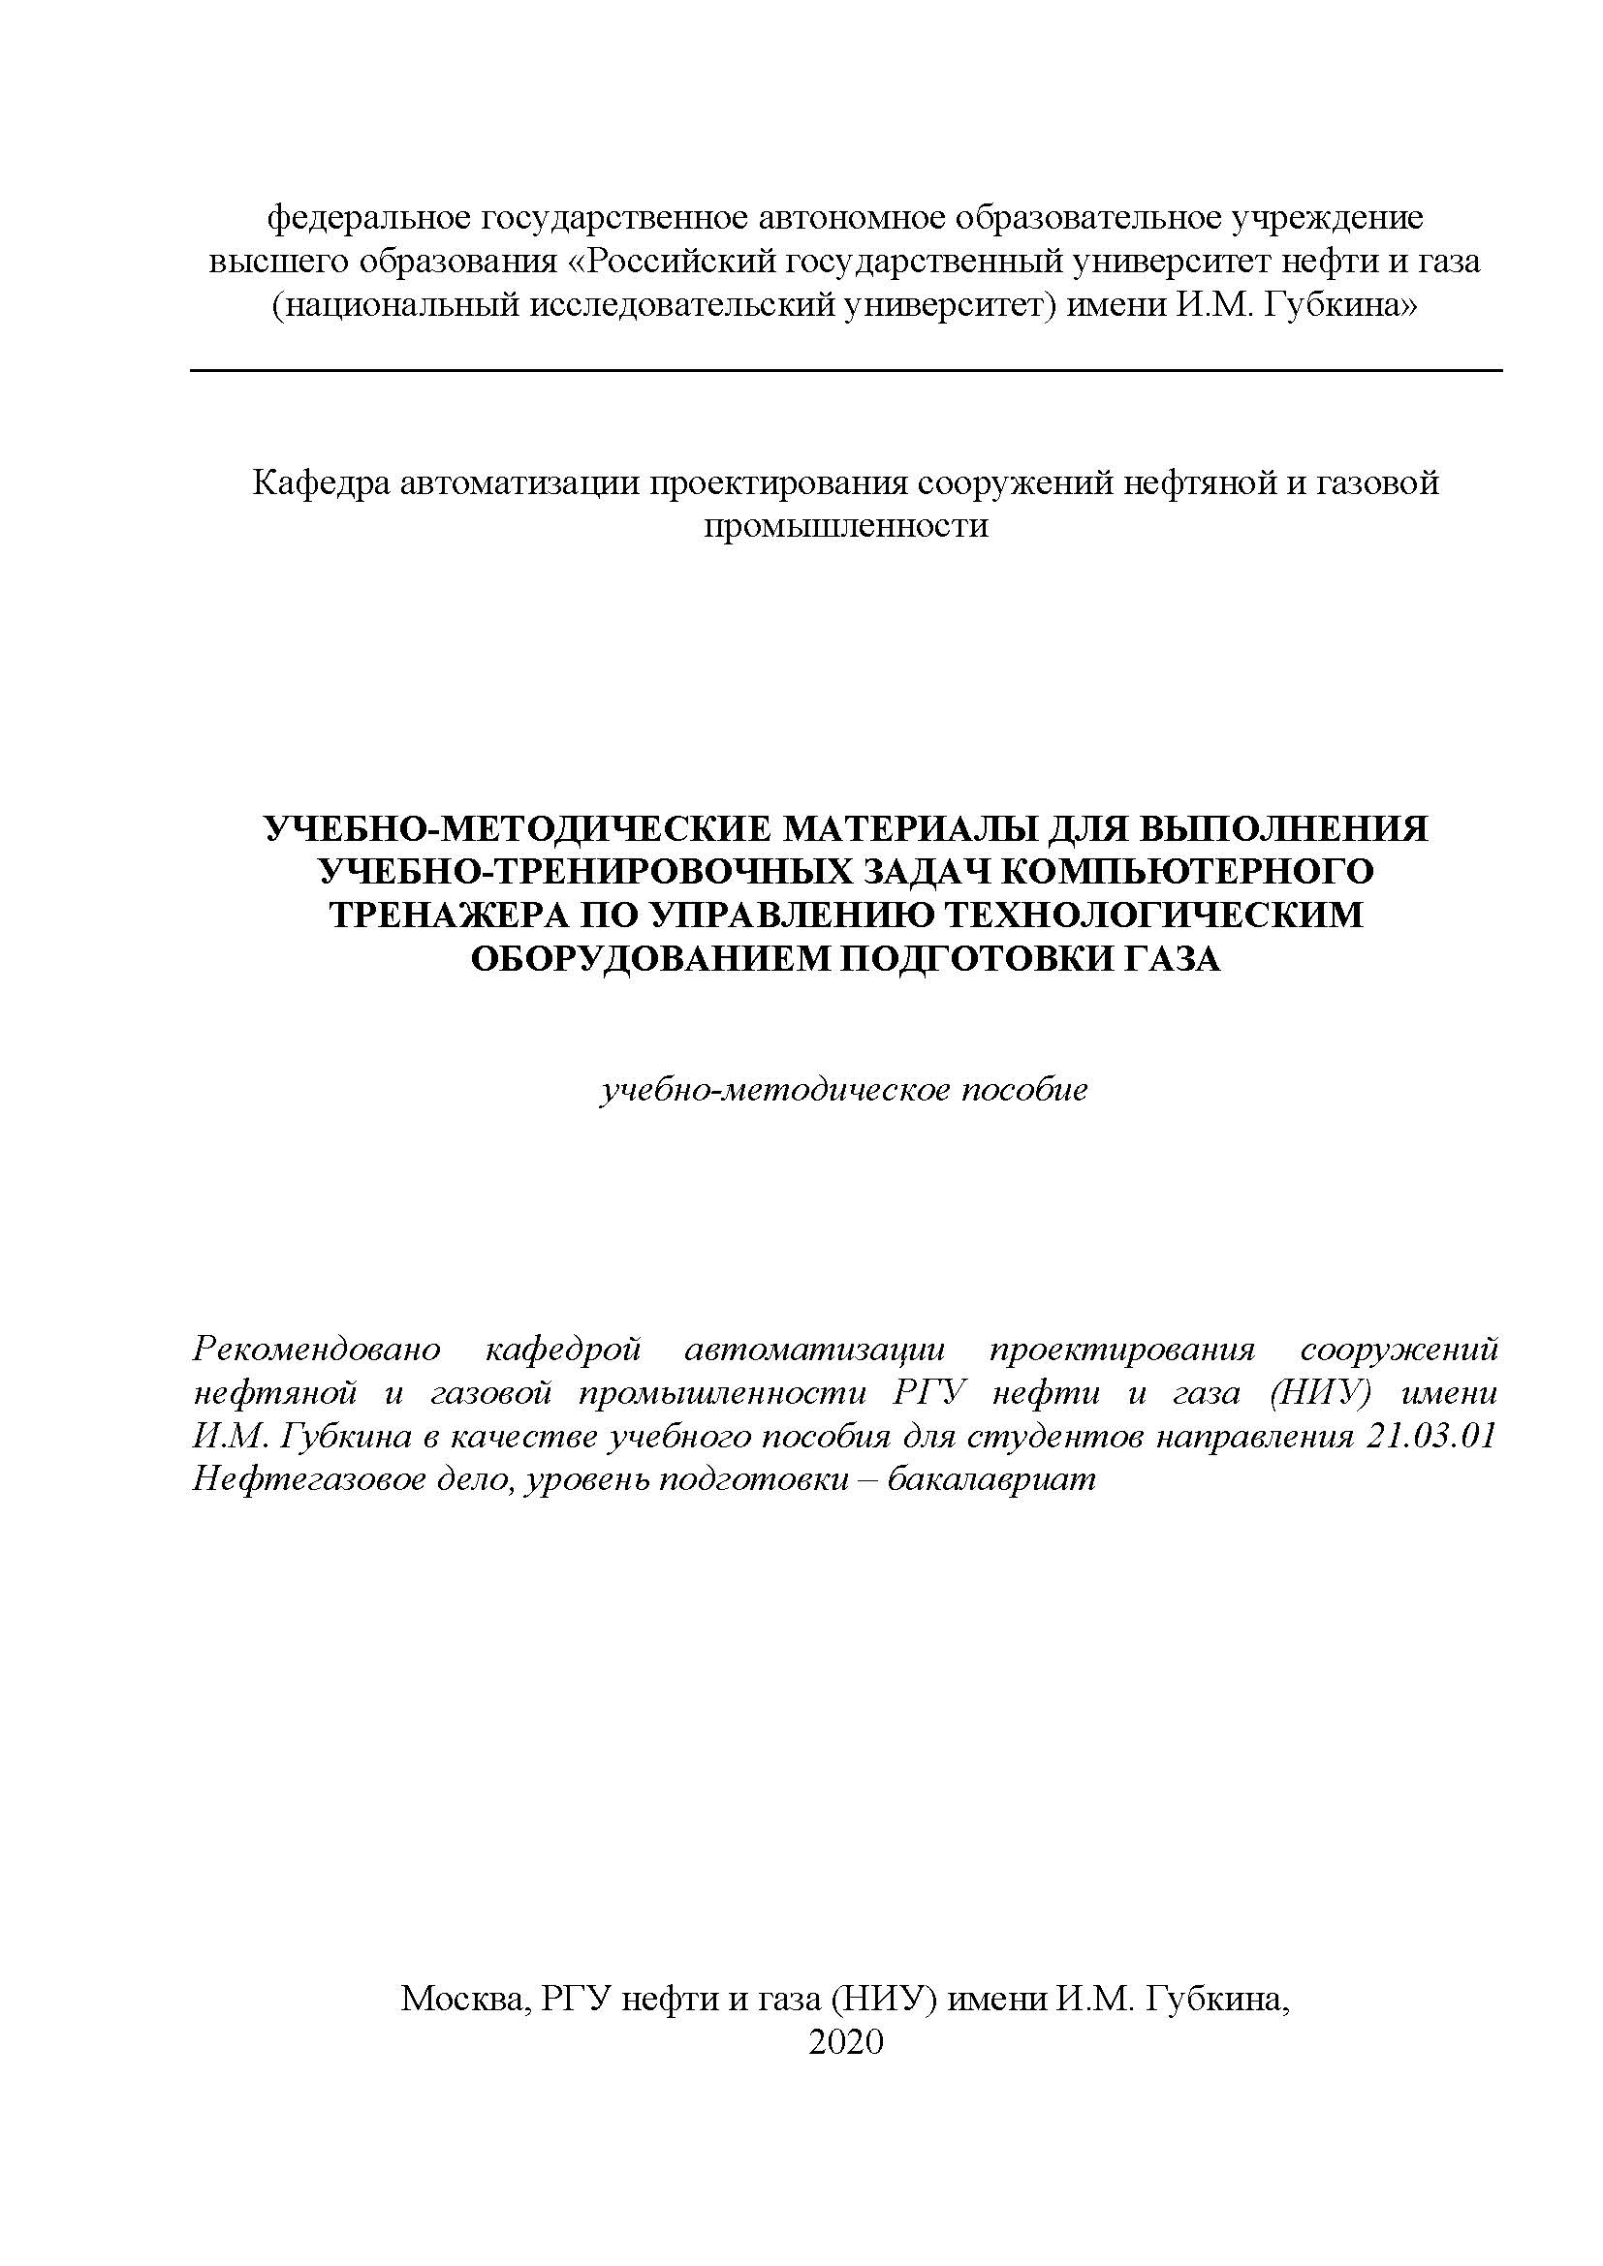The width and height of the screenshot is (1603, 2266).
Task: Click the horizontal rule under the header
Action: click(x=845, y=371)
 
